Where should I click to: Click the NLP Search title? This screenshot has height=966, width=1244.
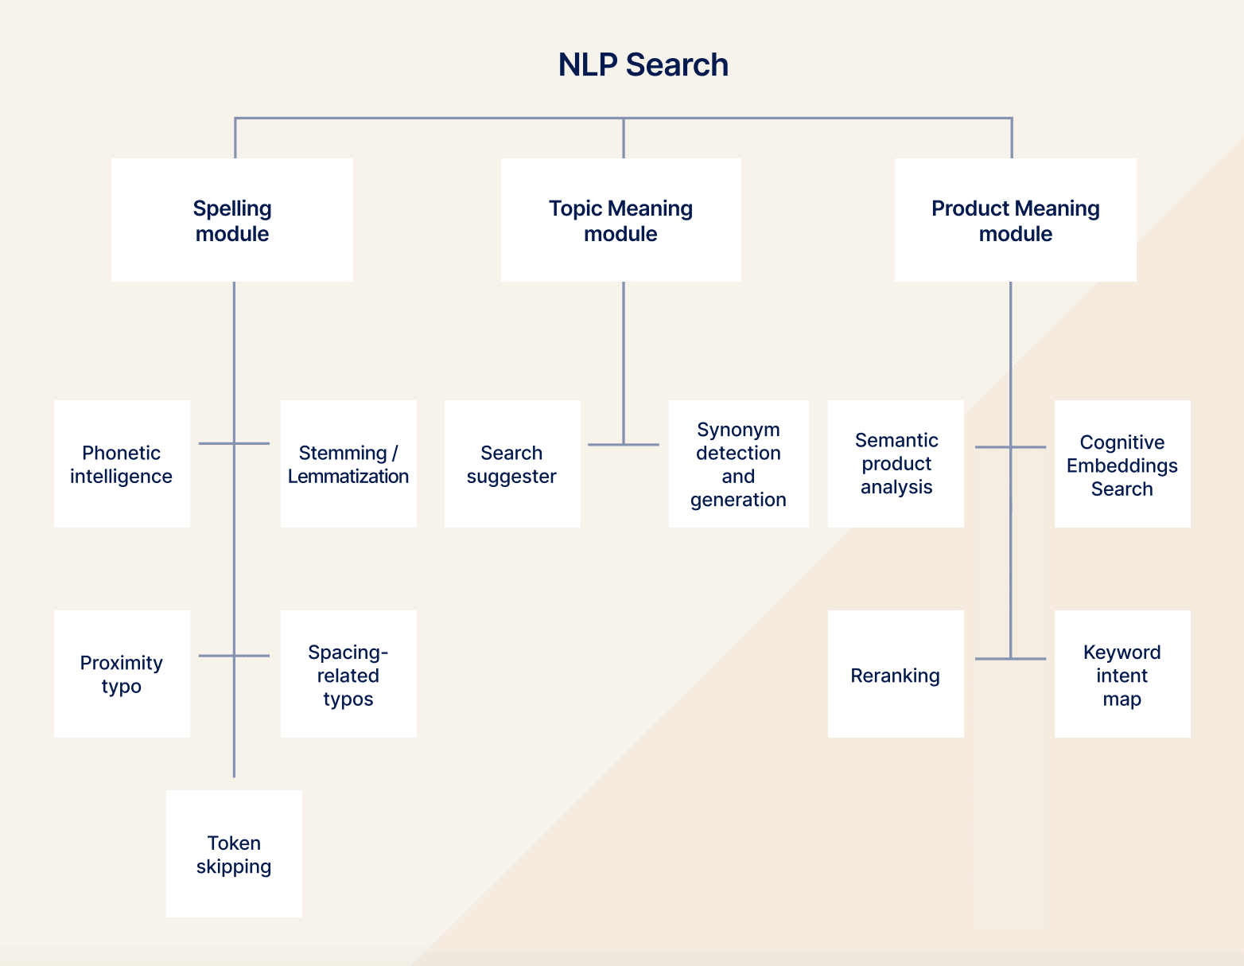coord(643,64)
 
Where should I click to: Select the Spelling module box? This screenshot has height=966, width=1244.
coord(231,220)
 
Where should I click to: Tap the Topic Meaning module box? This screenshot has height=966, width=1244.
coord(620,220)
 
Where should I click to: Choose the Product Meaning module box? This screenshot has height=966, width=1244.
coord(1015,220)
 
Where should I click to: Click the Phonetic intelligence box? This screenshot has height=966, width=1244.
coord(122,464)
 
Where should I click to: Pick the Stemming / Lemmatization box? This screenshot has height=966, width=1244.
coord(348,464)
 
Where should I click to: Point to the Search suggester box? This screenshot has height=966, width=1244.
coord(512,464)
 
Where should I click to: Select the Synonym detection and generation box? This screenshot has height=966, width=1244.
coord(738,464)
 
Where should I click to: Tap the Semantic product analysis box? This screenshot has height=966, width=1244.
coord(896,464)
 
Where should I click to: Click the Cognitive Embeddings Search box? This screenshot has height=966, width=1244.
coord(1122,464)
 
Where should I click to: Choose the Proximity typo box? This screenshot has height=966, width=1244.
coord(122,674)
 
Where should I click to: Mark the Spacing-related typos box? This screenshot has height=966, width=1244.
coord(348,674)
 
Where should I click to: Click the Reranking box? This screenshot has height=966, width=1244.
coord(896,674)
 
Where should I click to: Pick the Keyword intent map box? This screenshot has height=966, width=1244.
coord(1122,674)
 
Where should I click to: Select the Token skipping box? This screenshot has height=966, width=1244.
coord(234,854)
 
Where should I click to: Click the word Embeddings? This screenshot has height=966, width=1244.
coord(1122,465)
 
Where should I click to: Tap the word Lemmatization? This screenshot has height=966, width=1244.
coord(348,477)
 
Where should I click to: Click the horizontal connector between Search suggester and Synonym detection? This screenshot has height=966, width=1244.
coord(605,444)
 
